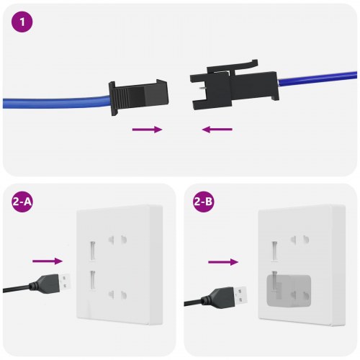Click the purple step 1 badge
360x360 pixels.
22,22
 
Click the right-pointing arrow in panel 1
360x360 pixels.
147,130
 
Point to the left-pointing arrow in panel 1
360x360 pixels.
217,130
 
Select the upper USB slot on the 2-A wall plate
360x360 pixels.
91,251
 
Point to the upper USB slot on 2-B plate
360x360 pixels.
274,251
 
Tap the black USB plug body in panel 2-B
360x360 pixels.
220,295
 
